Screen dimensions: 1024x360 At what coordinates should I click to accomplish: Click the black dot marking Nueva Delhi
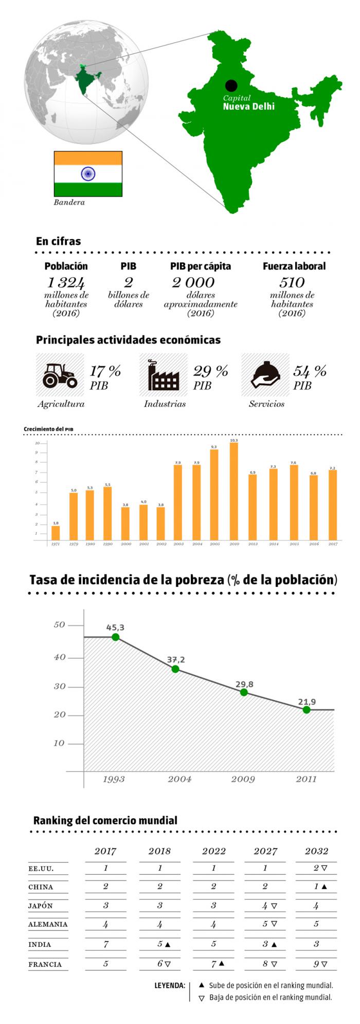point(231,86)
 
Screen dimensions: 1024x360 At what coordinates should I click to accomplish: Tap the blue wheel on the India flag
point(88,174)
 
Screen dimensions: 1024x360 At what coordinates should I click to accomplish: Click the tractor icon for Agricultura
point(60,375)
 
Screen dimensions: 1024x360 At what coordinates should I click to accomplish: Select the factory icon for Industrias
point(164,375)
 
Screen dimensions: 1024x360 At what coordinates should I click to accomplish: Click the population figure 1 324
point(66,282)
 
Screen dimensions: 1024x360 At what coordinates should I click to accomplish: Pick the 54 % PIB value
point(310,371)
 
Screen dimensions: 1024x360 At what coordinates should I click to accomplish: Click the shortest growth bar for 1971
point(56,532)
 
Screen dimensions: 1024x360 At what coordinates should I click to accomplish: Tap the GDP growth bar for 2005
point(214,494)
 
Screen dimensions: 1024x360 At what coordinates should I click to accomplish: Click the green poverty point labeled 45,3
point(116,637)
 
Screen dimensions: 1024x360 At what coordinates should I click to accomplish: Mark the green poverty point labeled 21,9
point(307,710)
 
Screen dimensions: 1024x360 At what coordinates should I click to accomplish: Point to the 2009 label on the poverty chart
point(243,779)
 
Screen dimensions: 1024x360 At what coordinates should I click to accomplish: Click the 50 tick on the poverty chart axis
point(60,625)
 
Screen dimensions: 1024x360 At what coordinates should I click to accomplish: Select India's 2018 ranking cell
point(160,944)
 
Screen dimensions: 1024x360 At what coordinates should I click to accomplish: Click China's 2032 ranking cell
point(316,886)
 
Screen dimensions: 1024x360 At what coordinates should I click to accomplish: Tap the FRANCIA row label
point(45,964)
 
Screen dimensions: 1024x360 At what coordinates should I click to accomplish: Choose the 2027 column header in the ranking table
point(265,851)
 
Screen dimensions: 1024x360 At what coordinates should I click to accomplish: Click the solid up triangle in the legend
point(202,985)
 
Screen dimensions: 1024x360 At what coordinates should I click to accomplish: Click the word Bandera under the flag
point(69,202)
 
